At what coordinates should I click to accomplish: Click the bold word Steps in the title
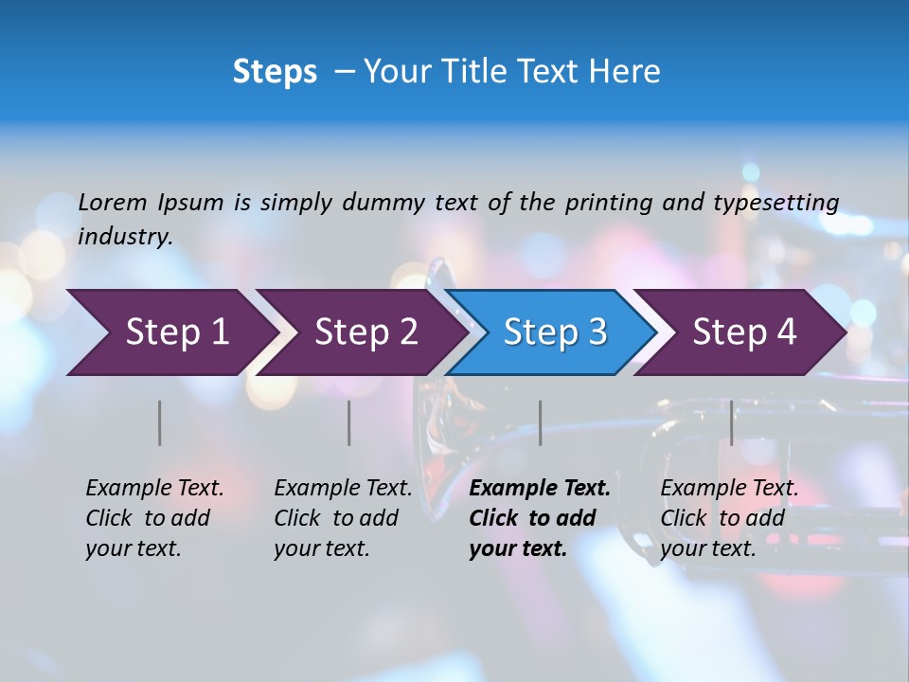tap(275, 72)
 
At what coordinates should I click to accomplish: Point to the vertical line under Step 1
tap(160, 422)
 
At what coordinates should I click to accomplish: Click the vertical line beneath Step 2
tap(349, 422)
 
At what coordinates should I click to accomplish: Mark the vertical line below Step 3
tap(540, 422)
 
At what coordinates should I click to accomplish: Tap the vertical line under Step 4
tap(731, 422)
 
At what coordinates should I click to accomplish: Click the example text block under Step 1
tap(154, 518)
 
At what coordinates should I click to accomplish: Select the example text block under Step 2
tap(343, 518)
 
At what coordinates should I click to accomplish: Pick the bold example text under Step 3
tap(539, 518)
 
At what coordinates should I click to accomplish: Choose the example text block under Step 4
tap(729, 518)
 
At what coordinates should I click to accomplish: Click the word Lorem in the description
tap(112, 202)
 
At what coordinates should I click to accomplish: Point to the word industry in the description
tap(125, 237)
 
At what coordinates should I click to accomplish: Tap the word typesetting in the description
tap(775, 202)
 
